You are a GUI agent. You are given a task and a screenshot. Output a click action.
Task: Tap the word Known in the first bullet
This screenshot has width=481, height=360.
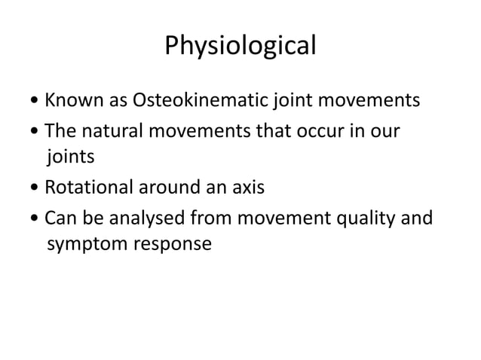(70, 100)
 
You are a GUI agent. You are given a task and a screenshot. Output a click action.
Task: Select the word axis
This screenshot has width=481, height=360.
(245, 188)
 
